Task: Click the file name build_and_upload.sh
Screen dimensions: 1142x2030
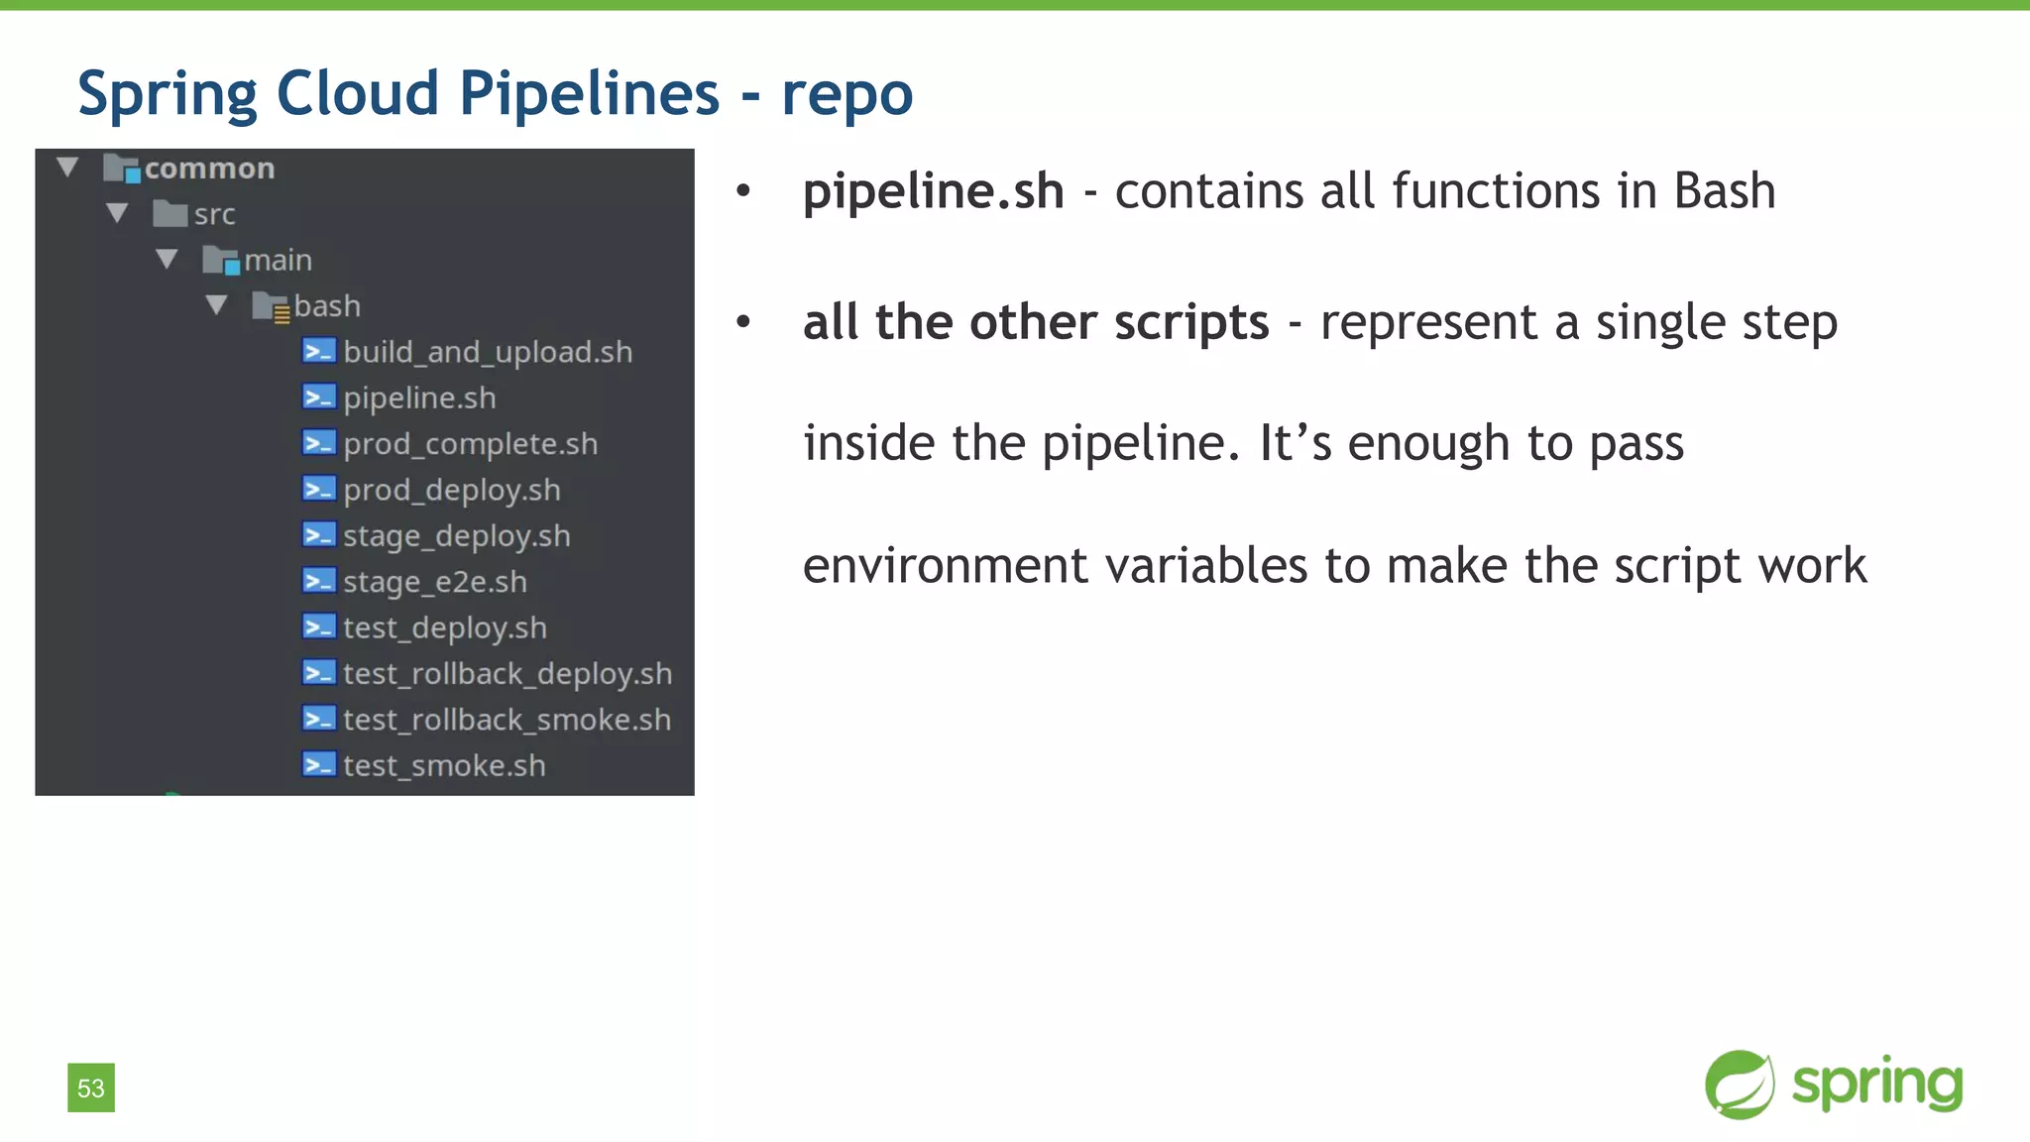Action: click(x=488, y=352)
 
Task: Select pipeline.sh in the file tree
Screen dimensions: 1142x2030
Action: click(x=419, y=398)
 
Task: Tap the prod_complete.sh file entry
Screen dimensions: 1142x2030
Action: click(x=470, y=444)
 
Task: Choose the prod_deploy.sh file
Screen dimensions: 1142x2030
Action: click(x=451, y=490)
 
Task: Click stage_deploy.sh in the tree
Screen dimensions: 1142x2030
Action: click(x=456, y=536)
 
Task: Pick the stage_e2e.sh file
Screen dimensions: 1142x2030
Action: click(x=434, y=582)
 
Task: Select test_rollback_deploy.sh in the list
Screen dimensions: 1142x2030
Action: click(x=507, y=674)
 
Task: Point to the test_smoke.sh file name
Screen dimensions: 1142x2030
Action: click(x=443, y=765)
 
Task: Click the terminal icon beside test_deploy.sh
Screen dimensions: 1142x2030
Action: click(x=319, y=628)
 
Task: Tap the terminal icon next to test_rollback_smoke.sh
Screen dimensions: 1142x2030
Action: click(x=319, y=720)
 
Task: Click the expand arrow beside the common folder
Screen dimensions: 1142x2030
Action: click(x=67, y=167)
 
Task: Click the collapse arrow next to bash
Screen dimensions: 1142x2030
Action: click(x=217, y=304)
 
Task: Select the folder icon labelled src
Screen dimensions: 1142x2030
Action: click(x=170, y=213)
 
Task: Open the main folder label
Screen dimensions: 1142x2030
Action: click(x=278, y=260)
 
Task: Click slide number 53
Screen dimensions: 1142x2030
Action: click(x=91, y=1087)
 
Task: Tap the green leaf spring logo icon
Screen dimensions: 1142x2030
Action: click(x=1740, y=1085)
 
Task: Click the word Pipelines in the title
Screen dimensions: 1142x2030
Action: click(x=589, y=94)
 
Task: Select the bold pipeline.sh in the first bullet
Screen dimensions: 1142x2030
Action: click(x=933, y=190)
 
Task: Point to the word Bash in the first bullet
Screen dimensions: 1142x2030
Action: click(x=1724, y=190)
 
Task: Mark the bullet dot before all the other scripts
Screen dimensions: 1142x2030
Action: click(x=743, y=321)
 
